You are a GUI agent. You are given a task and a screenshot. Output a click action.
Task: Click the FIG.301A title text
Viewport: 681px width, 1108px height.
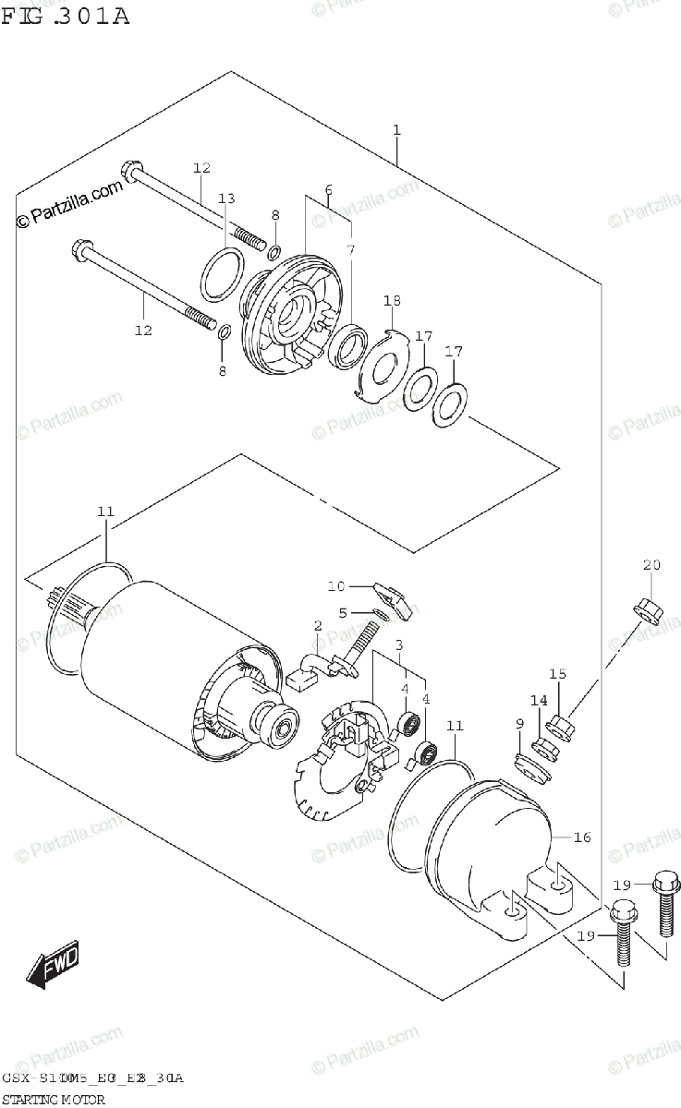[65, 16]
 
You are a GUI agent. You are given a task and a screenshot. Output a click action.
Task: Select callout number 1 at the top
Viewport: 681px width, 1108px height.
[396, 130]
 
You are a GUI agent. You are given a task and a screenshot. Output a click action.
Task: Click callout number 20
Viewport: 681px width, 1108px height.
[651, 565]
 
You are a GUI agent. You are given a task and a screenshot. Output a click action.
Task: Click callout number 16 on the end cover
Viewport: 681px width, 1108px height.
[581, 837]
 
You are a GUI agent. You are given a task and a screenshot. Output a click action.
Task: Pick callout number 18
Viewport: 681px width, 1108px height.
[393, 301]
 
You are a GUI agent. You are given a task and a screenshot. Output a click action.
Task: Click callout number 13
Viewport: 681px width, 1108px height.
[226, 199]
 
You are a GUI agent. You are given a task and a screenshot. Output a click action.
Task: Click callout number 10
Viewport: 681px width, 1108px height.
[334, 585]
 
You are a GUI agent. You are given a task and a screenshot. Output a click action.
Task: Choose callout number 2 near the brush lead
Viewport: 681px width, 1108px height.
[318, 626]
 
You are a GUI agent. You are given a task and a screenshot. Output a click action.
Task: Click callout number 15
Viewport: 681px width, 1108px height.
[557, 673]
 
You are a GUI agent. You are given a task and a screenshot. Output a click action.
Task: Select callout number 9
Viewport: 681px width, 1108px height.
[519, 723]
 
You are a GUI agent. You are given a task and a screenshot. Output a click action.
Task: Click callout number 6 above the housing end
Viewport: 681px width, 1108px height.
[328, 190]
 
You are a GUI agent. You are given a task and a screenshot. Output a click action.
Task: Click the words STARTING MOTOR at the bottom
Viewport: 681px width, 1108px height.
[54, 1099]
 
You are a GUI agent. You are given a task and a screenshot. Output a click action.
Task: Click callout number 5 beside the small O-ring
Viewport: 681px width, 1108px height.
[342, 611]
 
